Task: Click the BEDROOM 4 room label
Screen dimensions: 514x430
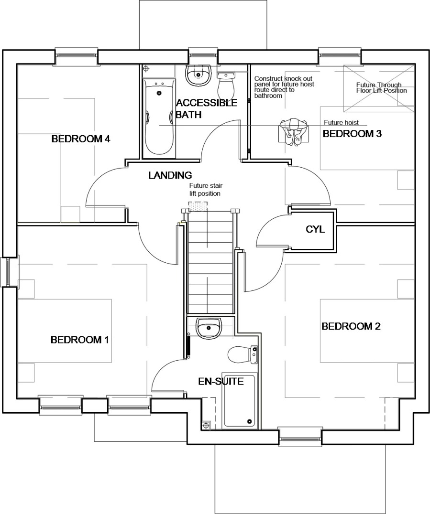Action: (x=81, y=139)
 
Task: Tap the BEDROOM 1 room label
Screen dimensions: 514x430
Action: (x=79, y=340)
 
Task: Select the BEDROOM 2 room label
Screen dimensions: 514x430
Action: (x=351, y=326)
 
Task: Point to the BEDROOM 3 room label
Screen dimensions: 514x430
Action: (x=352, y=134)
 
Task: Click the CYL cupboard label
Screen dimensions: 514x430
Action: (x=315, y=229)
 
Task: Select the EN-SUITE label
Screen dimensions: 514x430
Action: (x=221, y=381)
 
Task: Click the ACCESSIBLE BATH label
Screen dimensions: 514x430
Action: (x=206, y=109)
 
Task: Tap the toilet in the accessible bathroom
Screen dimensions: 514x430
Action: (x=225, y=85)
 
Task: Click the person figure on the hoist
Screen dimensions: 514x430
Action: (x=293, y=131)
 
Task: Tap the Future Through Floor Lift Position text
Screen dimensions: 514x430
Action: (x=381, y=87)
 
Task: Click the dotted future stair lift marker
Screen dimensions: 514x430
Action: (x=198, y=204)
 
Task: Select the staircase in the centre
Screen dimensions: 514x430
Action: (x=209, y=263)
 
